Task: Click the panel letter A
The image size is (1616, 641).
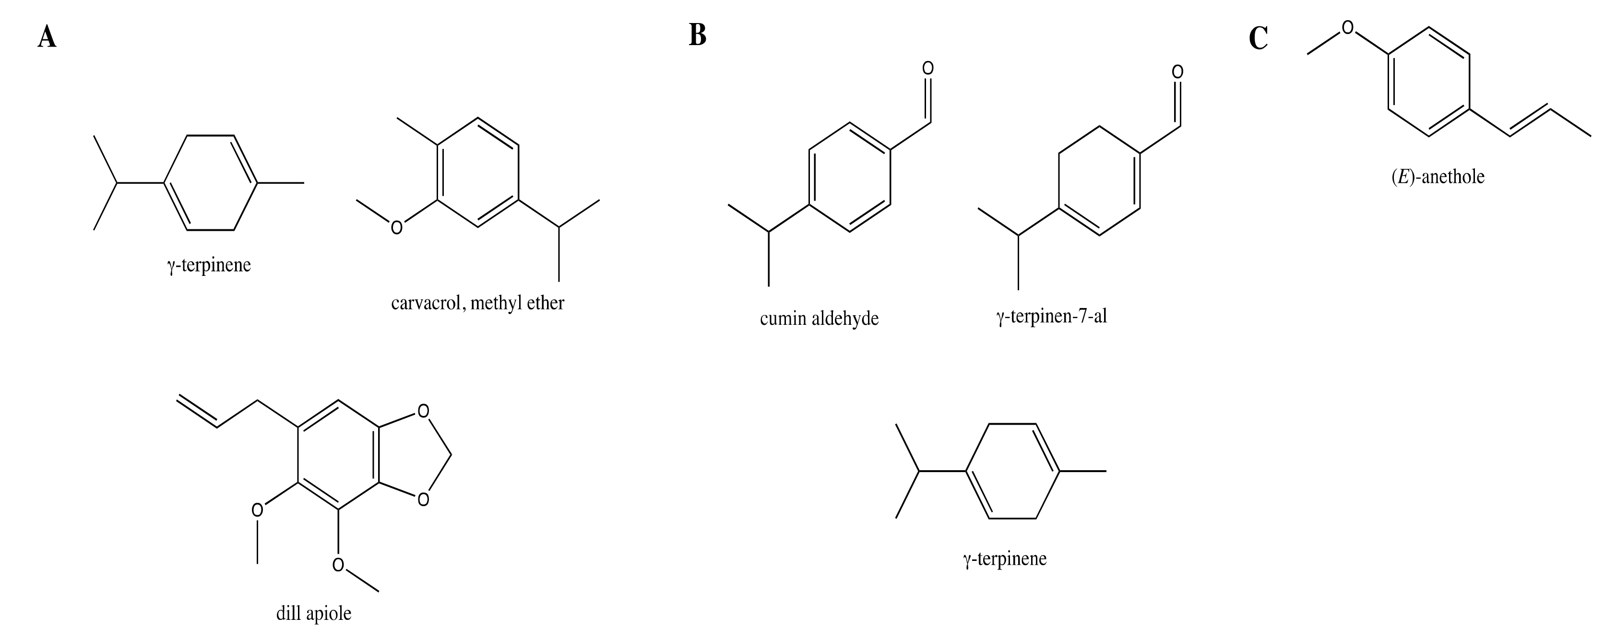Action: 47,37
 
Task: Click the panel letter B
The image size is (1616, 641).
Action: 698,35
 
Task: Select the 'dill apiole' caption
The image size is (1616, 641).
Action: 314,613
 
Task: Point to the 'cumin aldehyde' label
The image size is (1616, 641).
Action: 820,319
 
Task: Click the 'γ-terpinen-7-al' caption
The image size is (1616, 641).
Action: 1051,316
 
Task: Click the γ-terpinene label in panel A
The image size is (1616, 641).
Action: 209,265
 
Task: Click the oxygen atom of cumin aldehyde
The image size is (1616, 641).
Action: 928,68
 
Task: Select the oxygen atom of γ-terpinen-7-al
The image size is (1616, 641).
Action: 1177,72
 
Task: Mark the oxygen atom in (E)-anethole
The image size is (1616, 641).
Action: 1347,27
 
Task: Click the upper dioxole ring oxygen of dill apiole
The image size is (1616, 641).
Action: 424,412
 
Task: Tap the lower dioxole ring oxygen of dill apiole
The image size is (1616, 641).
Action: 424,500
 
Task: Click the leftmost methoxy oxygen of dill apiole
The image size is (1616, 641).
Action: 257,510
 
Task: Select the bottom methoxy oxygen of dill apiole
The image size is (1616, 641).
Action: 338,565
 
